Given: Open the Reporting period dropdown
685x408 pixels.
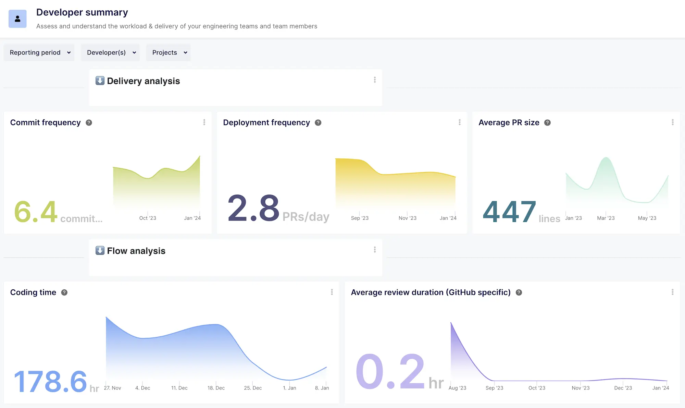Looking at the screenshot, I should point(39,52).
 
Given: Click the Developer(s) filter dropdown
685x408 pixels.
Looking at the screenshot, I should point(110,52).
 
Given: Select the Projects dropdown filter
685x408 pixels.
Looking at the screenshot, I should point(168,52).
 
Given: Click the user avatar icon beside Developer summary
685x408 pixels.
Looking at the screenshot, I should point(17,19).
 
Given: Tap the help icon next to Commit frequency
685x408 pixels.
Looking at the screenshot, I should point(89,123).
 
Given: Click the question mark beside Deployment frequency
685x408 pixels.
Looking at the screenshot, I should point(318,123).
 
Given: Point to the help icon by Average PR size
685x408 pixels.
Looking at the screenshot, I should point(547,123).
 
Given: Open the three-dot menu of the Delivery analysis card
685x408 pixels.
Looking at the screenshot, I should point(375,80).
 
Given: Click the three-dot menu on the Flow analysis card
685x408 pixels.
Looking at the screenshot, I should point(375,250).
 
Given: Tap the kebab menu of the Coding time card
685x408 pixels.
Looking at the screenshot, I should point(332,292).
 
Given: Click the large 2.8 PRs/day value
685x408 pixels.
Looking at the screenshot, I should point(253,208).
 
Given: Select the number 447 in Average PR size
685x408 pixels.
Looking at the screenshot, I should point(509,212).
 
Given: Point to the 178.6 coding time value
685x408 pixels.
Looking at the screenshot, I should point(50,382).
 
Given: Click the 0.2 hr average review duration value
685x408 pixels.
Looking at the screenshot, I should point(390,372).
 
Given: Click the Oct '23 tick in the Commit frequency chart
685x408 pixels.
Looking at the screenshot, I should point(148,218).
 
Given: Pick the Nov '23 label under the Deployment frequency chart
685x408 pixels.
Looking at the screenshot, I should point(408,218).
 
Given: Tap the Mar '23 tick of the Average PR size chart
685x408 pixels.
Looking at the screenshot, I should point(606,218).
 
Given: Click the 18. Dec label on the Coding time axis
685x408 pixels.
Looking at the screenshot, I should point(216,388).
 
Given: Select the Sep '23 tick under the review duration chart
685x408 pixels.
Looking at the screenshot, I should point(494,388).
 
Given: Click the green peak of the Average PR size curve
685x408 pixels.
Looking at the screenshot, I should point(606,158).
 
